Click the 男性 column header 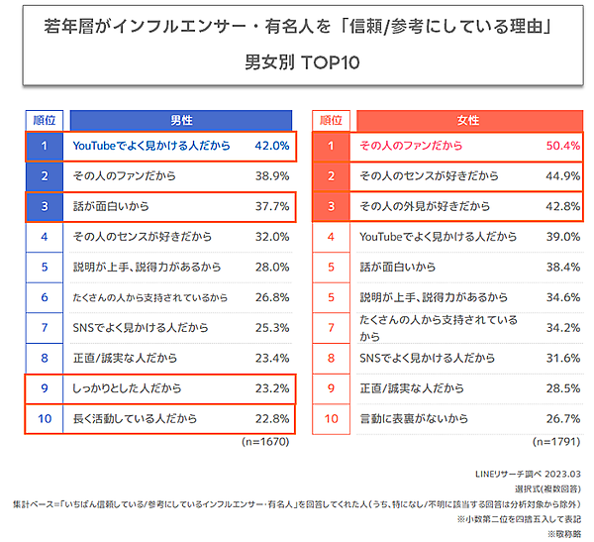181,120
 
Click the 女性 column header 467,120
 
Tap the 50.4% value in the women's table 561,147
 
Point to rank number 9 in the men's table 45,388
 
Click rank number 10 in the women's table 332,418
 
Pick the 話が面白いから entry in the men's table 112,207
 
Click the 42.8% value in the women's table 561,207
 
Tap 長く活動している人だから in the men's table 134,418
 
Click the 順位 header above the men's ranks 45,120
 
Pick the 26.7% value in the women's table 561,418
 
